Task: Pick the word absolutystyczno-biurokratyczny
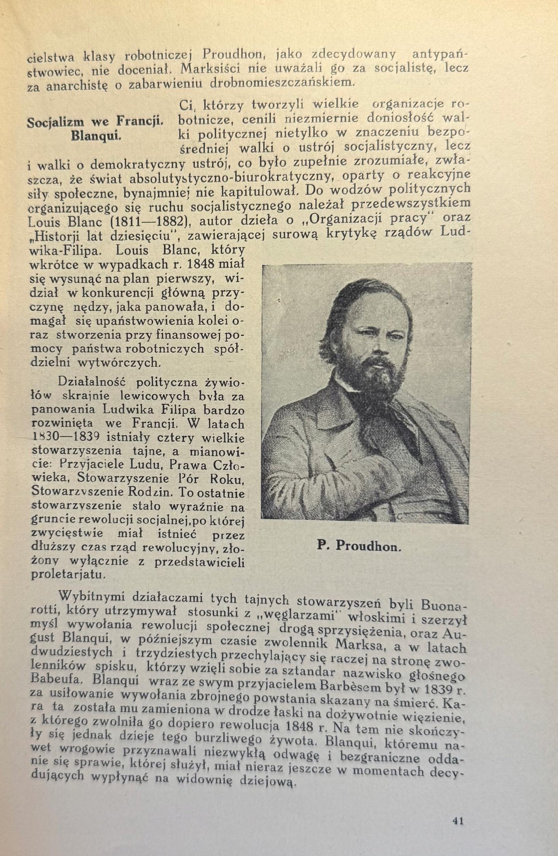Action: (x=231, y=178)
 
